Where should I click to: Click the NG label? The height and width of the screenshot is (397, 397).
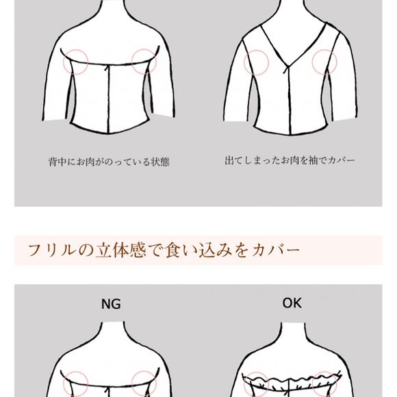111,304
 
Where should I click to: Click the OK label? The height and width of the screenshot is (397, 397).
292,303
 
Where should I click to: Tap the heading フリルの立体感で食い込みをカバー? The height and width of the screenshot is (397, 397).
164,251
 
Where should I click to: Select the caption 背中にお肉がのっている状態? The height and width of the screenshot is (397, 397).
109,162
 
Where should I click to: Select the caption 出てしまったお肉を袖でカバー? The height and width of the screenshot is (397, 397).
290,160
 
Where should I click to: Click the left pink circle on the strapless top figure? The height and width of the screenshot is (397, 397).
75,62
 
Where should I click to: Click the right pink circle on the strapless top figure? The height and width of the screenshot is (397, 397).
144,62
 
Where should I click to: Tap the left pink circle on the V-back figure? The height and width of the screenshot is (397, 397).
256,62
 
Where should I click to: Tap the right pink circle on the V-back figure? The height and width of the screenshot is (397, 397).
324,62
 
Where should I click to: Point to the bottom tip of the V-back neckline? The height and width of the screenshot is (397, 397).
288,66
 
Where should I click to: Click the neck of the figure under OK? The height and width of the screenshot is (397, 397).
293,332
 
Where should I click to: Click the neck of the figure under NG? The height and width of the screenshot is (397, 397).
113,331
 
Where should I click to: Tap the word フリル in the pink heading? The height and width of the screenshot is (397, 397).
51,251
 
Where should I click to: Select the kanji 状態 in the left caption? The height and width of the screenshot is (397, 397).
160,162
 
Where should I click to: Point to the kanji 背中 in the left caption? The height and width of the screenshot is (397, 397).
57,162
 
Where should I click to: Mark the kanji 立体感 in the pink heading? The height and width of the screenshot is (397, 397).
120,251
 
